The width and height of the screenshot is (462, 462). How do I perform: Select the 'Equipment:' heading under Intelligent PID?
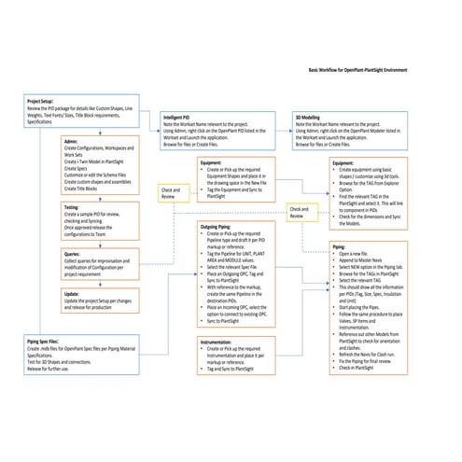click(211, 162)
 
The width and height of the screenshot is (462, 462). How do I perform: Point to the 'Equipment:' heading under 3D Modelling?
click(344, 162)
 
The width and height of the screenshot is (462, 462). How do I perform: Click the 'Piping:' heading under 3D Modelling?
click(339, 245)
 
